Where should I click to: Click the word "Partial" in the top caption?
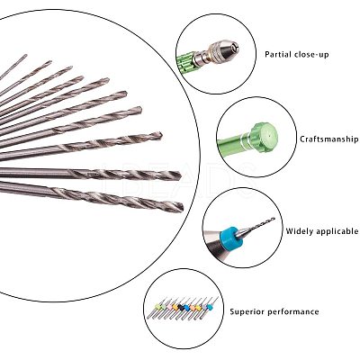277,54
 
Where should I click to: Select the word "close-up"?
311,55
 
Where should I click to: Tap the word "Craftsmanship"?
328,139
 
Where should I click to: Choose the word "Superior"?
247,311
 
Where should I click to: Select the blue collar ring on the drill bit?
229,237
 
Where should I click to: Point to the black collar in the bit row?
181,306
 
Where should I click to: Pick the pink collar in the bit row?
169,307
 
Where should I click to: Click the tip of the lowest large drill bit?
183,207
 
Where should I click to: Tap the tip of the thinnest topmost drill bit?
26,55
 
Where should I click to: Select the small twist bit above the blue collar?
260,223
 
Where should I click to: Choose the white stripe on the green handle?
243,140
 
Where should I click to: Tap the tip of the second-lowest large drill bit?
179,175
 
